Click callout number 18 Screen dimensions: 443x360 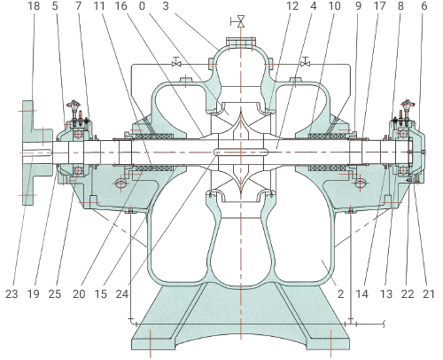click(34, 5)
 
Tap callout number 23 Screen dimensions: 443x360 click(12, 293)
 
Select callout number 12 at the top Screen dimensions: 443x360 click(292, 5)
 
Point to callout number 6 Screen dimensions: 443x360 click(424, 5)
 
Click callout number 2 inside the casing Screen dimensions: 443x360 click(341, 293)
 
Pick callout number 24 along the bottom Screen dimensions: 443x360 click(122, 293)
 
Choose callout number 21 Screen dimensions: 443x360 click(429, 293)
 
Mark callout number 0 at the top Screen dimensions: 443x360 click(142, 5)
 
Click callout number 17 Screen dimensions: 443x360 click(380, 5)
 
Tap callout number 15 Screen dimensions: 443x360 click(100, 293)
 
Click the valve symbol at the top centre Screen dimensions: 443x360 click(241, 21)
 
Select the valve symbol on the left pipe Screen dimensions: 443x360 click(176, 62)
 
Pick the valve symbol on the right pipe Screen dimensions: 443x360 click(306, 62)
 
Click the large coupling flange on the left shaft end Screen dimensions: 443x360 click(27, 153)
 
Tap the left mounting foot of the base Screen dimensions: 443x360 click(151, 339)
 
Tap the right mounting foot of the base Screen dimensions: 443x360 click(330, 339)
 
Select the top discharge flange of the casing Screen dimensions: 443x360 click(241, 42)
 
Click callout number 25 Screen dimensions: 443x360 click(55, 293)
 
